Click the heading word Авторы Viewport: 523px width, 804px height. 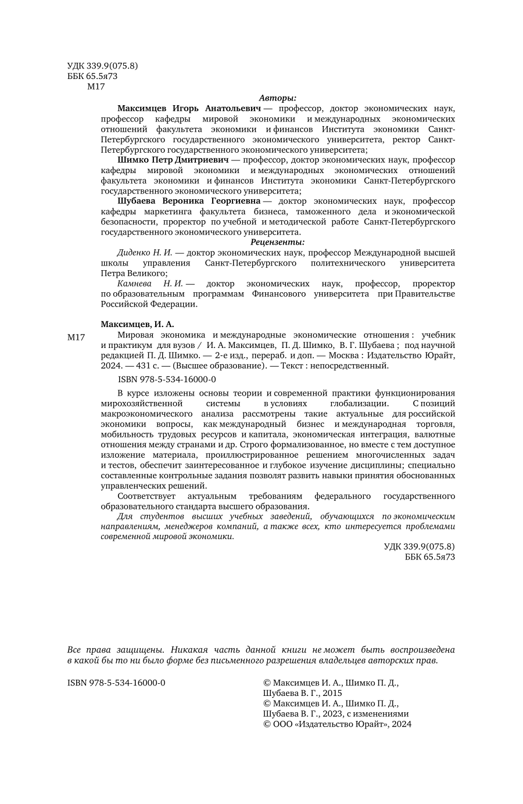pos(278,98)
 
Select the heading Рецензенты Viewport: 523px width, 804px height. pos(278,242)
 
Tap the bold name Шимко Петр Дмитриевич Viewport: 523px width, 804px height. pos(173,160)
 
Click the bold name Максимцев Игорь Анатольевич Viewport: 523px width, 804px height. pos(189,108)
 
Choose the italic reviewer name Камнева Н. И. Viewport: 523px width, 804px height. pos(149,283)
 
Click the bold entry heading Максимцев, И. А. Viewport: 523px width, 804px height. pos(137,324)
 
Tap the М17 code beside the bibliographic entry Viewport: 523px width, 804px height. pos(76,338)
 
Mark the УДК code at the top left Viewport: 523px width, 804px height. pos(102,66)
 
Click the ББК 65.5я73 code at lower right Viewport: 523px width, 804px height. pos(429,557)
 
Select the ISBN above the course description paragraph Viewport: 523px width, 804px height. pos(159,379)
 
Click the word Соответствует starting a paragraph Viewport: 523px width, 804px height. pos(145,496)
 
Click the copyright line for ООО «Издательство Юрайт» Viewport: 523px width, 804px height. pos(337,724)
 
